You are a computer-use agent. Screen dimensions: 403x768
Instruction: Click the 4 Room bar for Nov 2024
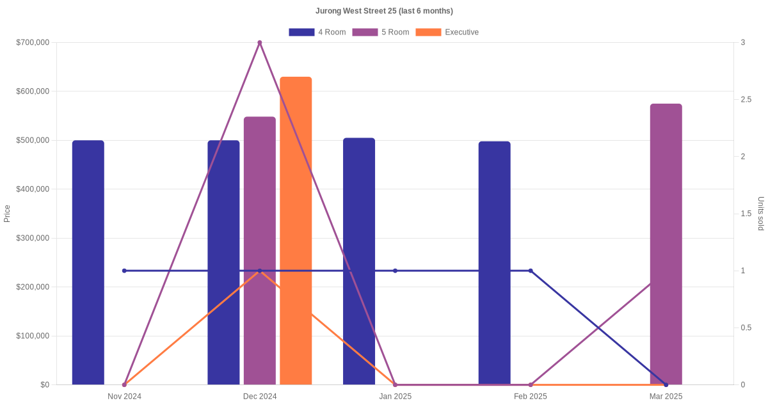tap(88, 262)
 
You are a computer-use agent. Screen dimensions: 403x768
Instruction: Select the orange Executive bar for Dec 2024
tap(296, 230)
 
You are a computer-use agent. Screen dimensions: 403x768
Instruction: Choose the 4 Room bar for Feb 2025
tap(494, 263)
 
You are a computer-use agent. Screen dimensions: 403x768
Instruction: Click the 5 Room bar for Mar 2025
tap(666, 244)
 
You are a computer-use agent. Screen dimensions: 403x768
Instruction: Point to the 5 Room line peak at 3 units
tap(260, 43)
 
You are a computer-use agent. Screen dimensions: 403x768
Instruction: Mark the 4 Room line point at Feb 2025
tap(531, 271)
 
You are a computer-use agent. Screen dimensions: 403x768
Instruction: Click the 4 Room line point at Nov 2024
tap(124, 271)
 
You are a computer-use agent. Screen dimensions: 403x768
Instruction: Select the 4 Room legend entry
tap(317, 32)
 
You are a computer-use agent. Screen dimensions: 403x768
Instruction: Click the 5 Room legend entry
tap(380, 32)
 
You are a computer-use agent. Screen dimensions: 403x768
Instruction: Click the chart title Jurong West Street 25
tap(384, 11)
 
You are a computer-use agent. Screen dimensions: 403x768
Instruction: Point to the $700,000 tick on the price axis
tap(33, 43)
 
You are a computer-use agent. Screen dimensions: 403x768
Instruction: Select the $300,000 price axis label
tap(33, 238)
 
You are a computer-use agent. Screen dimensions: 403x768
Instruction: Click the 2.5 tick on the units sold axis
tap(746, 100)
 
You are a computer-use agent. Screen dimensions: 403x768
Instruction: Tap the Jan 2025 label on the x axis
tap(395, 397)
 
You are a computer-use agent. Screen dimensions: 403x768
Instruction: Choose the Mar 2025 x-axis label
tap(666, 397)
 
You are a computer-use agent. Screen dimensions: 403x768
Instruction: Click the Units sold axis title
tap(760, 214)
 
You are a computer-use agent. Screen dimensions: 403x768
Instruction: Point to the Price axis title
tap(7, 214)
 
